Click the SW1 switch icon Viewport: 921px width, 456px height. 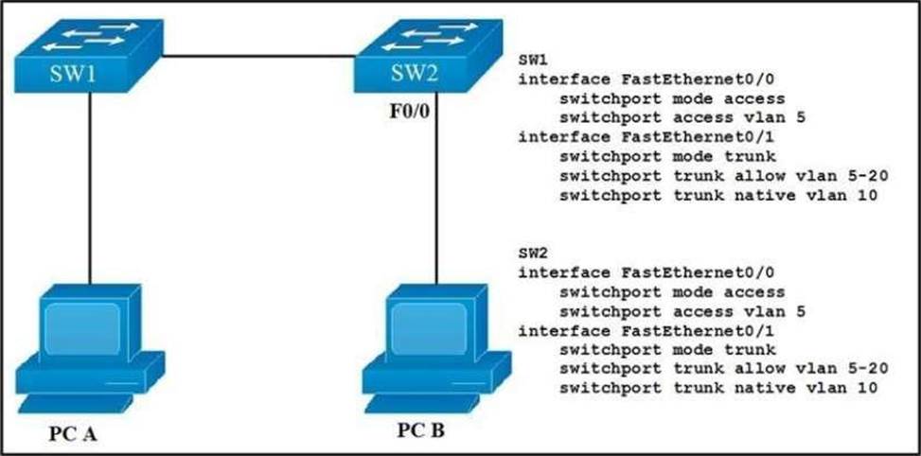[x=88, y=59]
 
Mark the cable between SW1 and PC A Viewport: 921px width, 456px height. [x=89, y=189]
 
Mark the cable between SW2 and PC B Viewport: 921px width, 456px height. [x=436, y=189]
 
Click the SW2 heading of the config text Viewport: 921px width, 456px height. [x=531, y=253]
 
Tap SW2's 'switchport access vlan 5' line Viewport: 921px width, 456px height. [x=675, y=311]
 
